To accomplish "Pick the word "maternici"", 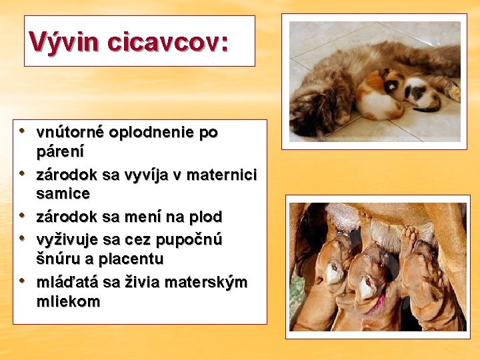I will (x=224, y=175).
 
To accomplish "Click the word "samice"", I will (x=63, y=194).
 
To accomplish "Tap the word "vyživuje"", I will (x=69, y=239).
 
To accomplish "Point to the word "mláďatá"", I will (x=69, y=282).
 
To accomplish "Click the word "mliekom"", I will (x=69, y=301).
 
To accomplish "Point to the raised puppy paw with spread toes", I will (x=408, y=237).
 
